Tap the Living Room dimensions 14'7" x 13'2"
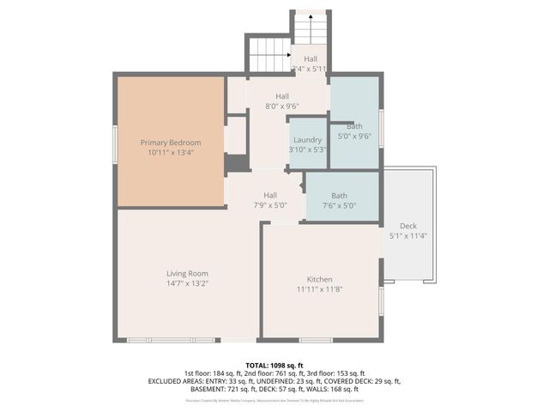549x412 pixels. [x=187, y=283]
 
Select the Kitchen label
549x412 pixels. [x=320, y=280]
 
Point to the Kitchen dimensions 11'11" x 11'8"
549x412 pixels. [x=320, y=289]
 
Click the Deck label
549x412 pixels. [x=408, y=225]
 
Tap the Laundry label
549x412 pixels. [x=307, y=140]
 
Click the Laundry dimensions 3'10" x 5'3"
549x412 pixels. [x=307, y=149]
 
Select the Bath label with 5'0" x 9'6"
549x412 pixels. [x=354, y=126]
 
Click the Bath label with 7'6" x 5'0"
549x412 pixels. [x=340, y=196]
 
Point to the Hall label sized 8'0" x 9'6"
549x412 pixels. [x=281, y=97]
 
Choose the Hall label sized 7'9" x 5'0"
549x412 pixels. [x=270, y=196]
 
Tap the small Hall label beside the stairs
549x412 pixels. [x=310, y=58]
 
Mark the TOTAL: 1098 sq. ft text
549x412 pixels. [x=274, y=364]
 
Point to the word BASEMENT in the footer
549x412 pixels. [x=209, y=389]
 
